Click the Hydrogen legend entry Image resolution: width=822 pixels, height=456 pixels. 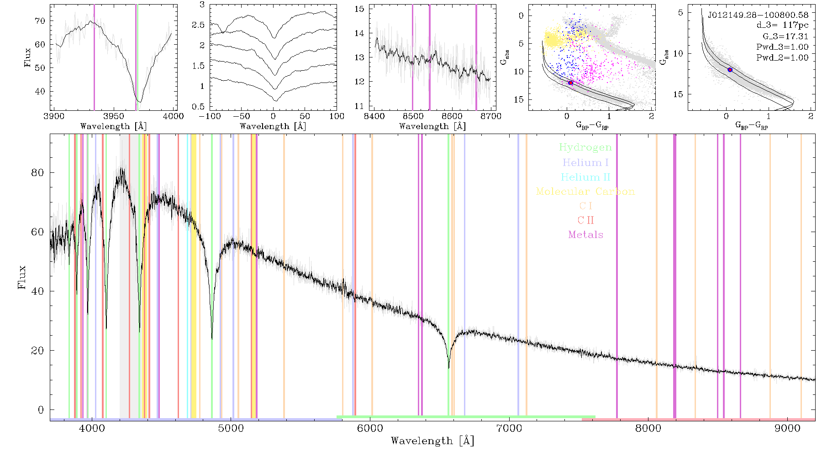point(585,147)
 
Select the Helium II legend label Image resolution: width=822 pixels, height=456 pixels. point(585,177)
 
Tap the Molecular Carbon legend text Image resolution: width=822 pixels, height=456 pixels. point(585,192)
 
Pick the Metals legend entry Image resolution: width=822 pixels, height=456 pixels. point(586,235)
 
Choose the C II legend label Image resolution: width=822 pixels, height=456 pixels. point(585,220)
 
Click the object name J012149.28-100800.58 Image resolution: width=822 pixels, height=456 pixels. point(758,15)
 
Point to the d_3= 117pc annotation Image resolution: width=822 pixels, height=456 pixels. point(782,26)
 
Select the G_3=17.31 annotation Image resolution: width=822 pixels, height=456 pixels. point(785,36)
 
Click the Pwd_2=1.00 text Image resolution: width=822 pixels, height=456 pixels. point(782,58)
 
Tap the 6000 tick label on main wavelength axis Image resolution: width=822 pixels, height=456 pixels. point(370,428)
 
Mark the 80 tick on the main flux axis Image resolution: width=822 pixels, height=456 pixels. point(38,173)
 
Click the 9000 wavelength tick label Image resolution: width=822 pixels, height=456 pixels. point(787,428)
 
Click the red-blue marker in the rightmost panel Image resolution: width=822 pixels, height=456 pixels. point(730,70)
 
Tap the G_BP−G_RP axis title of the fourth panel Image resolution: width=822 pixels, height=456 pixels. point(592,125)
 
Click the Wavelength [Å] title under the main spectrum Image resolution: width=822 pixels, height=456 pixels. point(432,441)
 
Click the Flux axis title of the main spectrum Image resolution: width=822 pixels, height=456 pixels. point(22,277)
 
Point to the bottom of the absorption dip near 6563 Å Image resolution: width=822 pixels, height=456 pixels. point(449,368)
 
